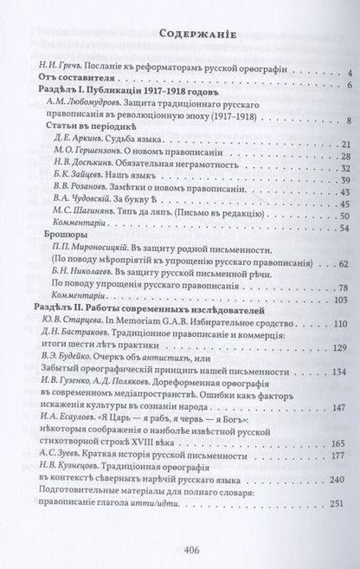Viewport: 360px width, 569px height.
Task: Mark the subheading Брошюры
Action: pos(62,253)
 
